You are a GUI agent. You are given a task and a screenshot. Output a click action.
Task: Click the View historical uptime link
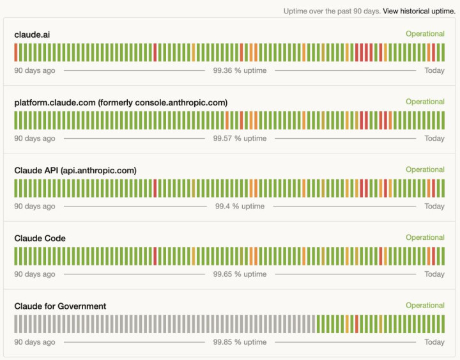pos(419,11)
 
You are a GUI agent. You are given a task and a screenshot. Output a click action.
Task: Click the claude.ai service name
pos(32,35)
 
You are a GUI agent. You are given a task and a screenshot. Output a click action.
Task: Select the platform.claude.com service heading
pos(121,102)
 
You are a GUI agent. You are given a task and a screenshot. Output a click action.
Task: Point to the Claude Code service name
pos(40,239)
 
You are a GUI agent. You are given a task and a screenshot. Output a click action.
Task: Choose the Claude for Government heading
pos(60,306)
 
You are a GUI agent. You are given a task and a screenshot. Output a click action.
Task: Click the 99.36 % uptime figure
pos(240,70)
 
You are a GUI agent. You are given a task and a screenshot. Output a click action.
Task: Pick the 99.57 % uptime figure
pos(240,138)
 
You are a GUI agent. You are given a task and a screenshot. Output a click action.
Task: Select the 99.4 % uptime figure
pos(240,206)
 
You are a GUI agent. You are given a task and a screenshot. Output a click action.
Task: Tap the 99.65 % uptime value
pos(240,274)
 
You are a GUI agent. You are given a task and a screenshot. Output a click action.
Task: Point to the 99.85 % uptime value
pos(240,342)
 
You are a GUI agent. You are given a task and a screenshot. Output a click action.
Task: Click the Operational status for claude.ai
pos(425,34)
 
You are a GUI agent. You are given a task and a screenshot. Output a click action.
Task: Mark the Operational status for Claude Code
pos(425,237)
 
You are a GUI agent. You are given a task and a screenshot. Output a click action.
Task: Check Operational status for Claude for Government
pos(425,306)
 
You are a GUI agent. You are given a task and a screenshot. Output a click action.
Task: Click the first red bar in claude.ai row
pos(16,52)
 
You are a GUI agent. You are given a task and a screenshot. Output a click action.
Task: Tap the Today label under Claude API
pos(434,206)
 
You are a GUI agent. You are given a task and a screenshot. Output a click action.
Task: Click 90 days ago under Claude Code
pos(34,274)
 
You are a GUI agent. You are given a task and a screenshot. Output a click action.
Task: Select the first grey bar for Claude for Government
pos(16,324)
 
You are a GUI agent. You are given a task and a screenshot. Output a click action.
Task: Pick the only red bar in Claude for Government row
pos(356,324)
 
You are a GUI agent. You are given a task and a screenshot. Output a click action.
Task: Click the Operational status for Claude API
pos(425,169)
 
